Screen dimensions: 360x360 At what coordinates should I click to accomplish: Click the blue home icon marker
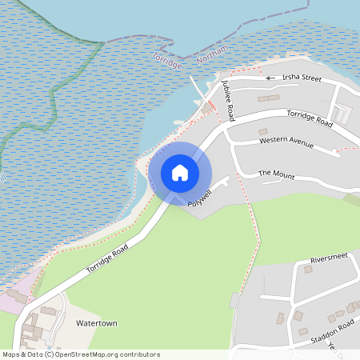coord(180,172)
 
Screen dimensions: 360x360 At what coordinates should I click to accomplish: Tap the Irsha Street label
coord(300,78)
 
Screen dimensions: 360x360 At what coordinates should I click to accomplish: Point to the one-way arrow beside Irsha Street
coord(270,78)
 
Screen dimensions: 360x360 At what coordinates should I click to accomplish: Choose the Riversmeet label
coord(332,260)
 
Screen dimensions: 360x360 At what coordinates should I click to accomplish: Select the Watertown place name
coord(96,322)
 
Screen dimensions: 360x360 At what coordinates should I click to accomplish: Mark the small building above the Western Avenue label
coord(262,131)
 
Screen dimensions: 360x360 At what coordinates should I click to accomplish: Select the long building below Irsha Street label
coord(268,98)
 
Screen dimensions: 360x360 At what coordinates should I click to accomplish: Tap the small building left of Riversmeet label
coord(308,269)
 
